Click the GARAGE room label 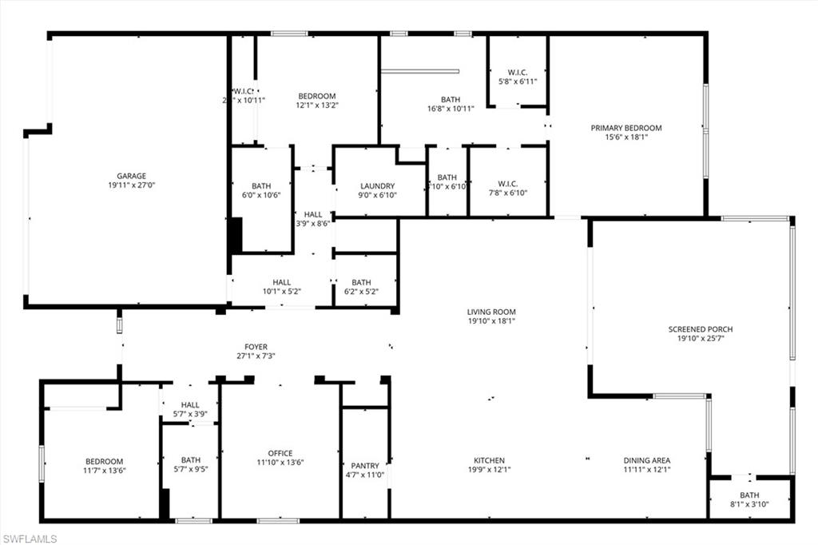[131, 176]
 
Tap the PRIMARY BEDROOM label [626, 128]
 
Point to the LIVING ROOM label [491, 312]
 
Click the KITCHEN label [489, 460]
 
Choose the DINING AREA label [647, 460]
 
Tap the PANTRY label [365, 465]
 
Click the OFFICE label [280, 453]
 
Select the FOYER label [256, 347]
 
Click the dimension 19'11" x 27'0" [131, 185]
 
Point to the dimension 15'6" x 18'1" [626, 137]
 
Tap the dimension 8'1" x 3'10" [749, 505]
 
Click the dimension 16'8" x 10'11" [450, 109]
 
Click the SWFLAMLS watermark [30, 539]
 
